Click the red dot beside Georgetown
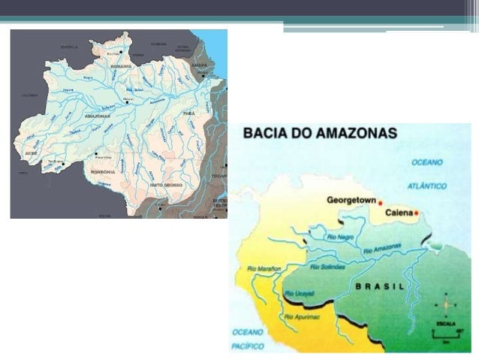tap(380, 203)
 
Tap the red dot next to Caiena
tap(416, 213)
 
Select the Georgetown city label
tap(351, 201)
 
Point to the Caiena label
tap(399, 213)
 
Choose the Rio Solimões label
tap(327, 266)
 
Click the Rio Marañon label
tap(264, 268)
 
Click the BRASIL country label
tap(380, 286)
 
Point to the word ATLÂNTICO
tap(428, 185)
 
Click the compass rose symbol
tap(445, 305)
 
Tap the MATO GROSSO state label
tap(167, 184)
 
